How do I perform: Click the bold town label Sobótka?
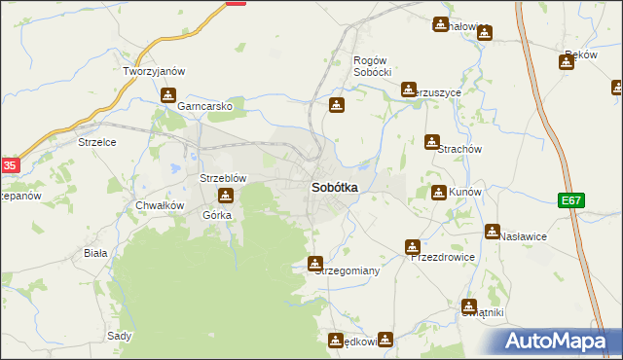point(334,187)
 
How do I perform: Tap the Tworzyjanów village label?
point(154,72)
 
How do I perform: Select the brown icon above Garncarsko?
point(168,95)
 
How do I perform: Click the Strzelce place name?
point(97,142)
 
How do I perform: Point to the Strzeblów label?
point(222,179)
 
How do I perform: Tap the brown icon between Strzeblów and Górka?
point(225,197)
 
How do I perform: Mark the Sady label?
point(119,335)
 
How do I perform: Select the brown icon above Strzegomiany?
point(315,264)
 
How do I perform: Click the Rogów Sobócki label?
point(372,66)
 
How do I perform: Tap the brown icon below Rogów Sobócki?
point(337,105)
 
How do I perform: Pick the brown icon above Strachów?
point(432,142)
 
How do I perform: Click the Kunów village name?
point(463,193)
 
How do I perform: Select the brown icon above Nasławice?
point(493,232)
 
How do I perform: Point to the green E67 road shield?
point(571,200)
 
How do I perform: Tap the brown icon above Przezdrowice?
point(413,247)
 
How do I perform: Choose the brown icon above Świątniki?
point(469,306)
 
